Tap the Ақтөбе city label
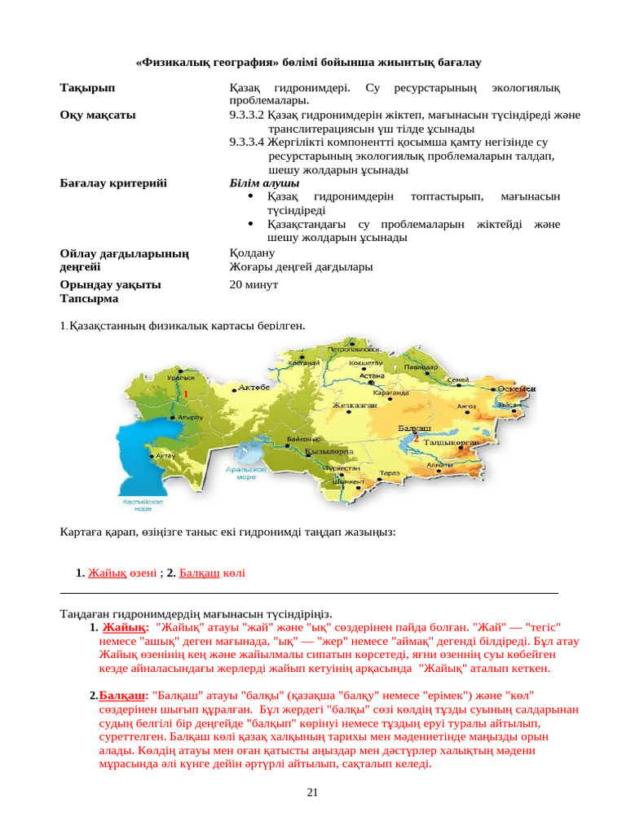(253, 388)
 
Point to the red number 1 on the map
(186, 393)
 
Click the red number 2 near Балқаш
(416, 438)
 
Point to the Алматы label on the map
(439, 465)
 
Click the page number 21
(312, 792)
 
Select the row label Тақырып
(88, 87)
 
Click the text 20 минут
(253, 284)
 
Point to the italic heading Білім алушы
(258, 183)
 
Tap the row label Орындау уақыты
(110, 284)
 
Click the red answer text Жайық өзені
(122, 573)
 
